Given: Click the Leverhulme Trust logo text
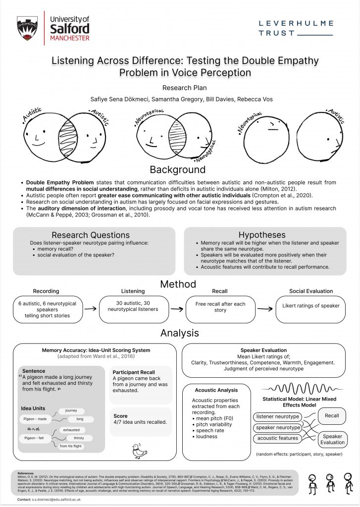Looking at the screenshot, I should point(296,28).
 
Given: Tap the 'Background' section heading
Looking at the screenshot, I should point(177,170).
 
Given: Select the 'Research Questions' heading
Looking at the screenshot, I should point(91,235).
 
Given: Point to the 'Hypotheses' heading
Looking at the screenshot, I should point(262,235).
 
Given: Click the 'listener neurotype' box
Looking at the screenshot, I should point(278,416).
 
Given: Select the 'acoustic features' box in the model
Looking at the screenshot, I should point(278,438).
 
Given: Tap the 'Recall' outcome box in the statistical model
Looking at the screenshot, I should point(331,415).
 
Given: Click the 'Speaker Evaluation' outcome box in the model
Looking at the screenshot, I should point(332,440).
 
